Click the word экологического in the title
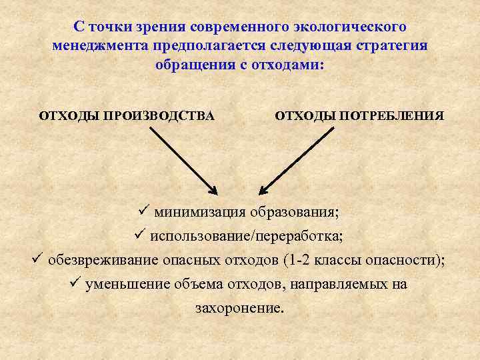coord(349,28)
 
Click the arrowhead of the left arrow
coord(211,190)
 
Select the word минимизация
coord(200,213)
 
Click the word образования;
coord(294,213)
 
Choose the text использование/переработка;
coord(248,236)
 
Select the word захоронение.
coord(239,308)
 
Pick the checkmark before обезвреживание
coord(37,259)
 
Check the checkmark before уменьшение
coord(75,283)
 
